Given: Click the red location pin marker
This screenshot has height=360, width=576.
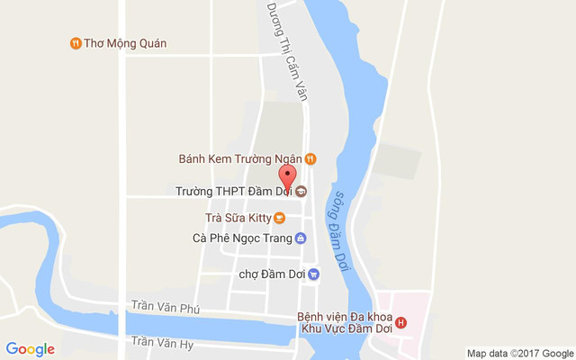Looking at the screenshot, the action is click(x=287, y=176).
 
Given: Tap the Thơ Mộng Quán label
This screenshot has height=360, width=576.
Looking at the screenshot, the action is click(x=125, y=43).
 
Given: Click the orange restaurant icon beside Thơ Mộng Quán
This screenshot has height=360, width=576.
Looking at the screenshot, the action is click(x=75, y=43).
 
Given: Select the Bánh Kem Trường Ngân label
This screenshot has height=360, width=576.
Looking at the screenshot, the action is click(x=239, y=159).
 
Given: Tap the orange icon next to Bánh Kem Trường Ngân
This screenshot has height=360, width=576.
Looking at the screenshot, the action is click(x=310, y=159).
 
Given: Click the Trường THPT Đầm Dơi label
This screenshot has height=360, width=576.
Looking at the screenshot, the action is click(x=233, y=192).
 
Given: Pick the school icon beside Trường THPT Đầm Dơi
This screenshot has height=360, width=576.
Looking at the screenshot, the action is click(x=301, y=192).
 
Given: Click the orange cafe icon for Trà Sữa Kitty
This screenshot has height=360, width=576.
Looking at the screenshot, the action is click(x=279, y=217).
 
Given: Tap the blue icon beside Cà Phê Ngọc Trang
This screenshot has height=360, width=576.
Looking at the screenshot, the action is click(x=301, y=238).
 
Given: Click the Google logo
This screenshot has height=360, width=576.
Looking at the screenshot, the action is click(x=31, y=349).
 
